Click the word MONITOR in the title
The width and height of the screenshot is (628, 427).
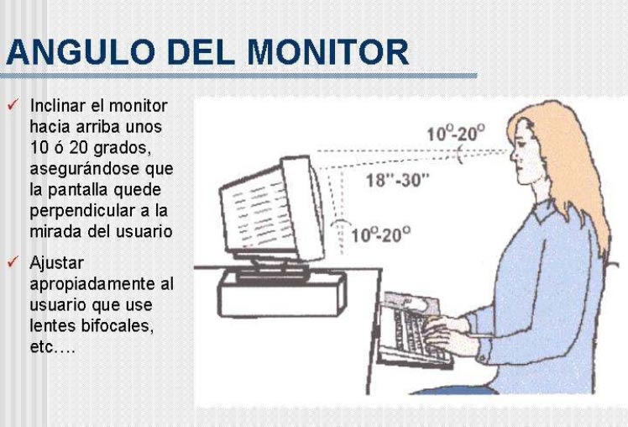click(x=327, y=52)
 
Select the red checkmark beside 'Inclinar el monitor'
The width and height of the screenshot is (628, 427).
click(x=13, y=105)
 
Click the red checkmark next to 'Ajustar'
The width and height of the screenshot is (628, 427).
click(x=13, y=262)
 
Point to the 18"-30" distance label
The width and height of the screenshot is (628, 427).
click(x=397, y=180)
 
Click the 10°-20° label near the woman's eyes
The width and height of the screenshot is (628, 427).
click(x=455, y=133)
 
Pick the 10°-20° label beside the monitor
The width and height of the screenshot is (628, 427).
click(x=381, y=235)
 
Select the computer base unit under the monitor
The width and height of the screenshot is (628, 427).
click(x=282, y=295)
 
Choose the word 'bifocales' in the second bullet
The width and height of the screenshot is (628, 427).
click(x=117, y=325)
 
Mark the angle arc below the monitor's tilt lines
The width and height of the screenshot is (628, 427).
click(x=341, y=222)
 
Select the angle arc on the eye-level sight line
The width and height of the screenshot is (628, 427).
click(x=460, y=155)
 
